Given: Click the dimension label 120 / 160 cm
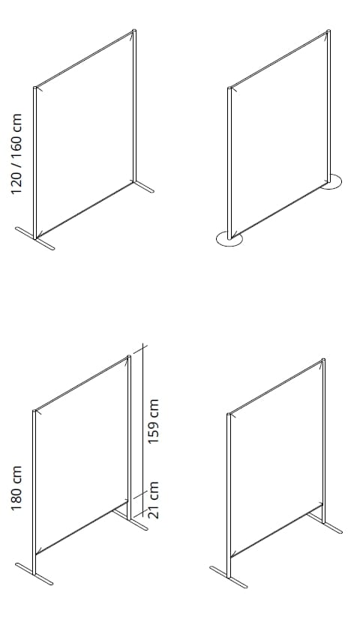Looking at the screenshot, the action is point(16,154).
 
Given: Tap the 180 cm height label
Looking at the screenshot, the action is point(16,488).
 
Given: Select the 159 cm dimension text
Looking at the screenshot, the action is point(153,421).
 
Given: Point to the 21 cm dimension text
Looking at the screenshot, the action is point(153,500).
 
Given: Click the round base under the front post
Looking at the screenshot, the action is point(229,238).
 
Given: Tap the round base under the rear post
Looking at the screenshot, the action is point(331,182).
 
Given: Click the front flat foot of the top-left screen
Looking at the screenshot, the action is point(35,239).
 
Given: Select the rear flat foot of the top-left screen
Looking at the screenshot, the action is point(143,187).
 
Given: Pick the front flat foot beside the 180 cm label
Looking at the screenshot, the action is point(34,574).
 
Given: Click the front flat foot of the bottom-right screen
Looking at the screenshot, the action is point(229,577).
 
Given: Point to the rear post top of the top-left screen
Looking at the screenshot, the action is point(134,31).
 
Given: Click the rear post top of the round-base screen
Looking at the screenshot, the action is point(328,31).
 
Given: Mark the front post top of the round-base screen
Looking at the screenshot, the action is point(229,88).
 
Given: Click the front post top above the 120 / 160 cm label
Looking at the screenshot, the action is point(35,88).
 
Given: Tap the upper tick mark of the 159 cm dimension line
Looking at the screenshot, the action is point(140,349).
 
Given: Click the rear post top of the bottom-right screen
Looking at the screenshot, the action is point(323,360).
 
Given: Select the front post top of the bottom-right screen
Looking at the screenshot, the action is point(229,414).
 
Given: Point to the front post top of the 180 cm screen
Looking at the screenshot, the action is point(34,411).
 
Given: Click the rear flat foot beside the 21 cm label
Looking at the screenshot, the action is point(130,519).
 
